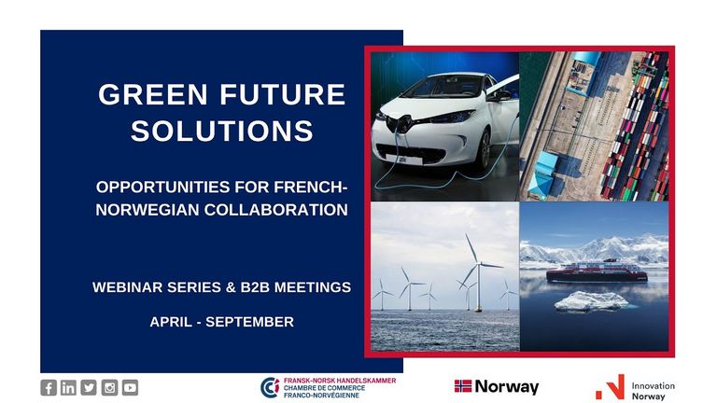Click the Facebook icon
pyautogui.click(x=49, y=387)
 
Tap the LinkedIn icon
pyautogui.click(x=68, y=387)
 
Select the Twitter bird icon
pyautogui.click(x=89, y=387)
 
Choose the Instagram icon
pyautogui.click(x=109, y=387)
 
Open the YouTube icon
pyautogui.click(x=130, y=387)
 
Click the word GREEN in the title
pyautogui.click(x=153, y=94)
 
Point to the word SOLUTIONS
pyautogui.click(x=222, y=131)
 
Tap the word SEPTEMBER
pyautogui.click(x=249, y=322)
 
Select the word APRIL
pyautogui.click(x=171, y=322)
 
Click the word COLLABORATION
pyautogui.click(x=275, y=210)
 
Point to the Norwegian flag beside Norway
pyautogui.click(x=463, y=386)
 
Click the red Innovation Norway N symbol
pyautogui.click(x=611, y=387)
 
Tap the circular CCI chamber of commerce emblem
pyautogui.click(x=270, y=387)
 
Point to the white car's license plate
pyautogui.click(x=404, y=160)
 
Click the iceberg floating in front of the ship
pyautogui.click(x=591, y=302)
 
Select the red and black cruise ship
pyautogui.click(x=597, y=271)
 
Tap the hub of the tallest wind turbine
pyautogui.click(x=478, y=263)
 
